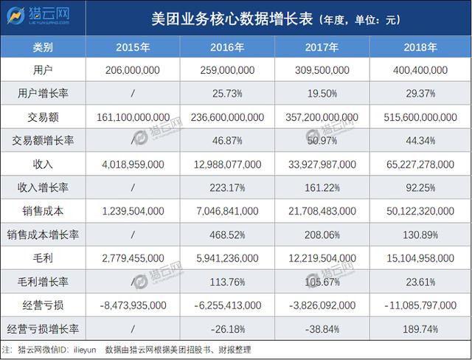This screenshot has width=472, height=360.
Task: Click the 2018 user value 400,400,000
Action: tap(421, 71)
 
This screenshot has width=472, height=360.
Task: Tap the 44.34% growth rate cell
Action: tap(421, 140)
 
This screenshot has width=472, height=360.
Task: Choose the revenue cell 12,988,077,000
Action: tap(228, 164)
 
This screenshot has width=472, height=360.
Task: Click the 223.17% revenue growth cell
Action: tap(228, 187)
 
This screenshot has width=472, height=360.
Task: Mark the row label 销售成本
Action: tap(43, 211)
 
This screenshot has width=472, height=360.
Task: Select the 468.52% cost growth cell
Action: tap(228, 234)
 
